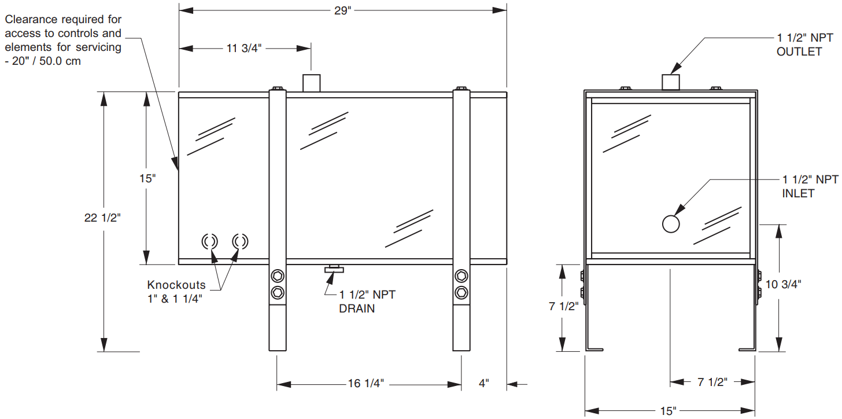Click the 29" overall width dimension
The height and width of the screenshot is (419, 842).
342,11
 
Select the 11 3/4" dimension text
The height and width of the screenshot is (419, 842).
244,48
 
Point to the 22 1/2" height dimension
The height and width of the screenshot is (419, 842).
102,218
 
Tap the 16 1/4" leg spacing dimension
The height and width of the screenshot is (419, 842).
365,384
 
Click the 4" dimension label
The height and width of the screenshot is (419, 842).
484,384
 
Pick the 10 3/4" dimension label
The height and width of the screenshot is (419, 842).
783,284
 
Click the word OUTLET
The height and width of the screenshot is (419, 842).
799,52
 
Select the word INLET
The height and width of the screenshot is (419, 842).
798,193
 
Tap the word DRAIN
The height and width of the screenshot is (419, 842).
357,308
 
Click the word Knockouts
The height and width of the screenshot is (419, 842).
176,285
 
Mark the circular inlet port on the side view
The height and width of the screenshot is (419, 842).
671,223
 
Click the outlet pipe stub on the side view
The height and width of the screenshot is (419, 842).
671,82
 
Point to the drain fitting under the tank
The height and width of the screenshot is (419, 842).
334,268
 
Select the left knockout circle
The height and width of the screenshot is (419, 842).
209,241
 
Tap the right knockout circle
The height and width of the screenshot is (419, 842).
239,241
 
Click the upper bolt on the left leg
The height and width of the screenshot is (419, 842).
278,275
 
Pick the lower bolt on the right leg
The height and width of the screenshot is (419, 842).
461,291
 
